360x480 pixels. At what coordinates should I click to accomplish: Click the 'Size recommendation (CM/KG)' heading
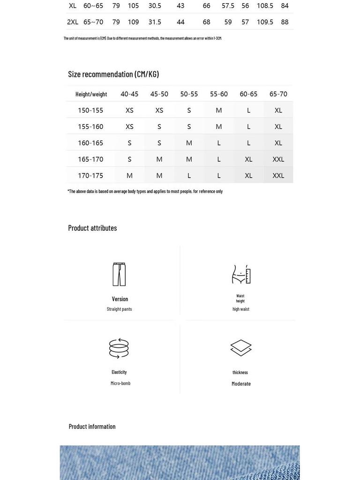(113, 74)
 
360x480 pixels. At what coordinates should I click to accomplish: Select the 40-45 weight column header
(129, 94)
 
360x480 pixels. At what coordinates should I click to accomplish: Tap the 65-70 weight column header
(278, 94)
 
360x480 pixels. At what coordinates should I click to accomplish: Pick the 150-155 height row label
(90, 110)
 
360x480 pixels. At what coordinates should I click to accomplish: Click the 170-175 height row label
(90, 175)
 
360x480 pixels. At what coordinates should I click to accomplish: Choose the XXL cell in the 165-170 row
(278, 159)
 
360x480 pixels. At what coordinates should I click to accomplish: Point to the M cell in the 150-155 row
(219, 110)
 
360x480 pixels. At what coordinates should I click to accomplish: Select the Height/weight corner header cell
(91, 94)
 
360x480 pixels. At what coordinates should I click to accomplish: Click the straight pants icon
(120, 274)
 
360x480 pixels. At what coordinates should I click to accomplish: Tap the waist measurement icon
(241, 274)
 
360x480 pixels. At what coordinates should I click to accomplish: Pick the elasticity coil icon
(119, 348)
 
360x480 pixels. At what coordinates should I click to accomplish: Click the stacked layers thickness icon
(241, 348)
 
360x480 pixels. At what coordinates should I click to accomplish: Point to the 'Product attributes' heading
(92, 228)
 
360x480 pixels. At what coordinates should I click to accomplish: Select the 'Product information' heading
(92, 427)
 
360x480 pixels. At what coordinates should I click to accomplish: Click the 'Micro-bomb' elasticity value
(120, 383)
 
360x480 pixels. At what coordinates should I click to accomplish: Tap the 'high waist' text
(241, 309)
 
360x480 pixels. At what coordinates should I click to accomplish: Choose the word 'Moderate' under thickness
(241, 384)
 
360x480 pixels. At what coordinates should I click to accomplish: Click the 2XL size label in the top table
(73, 22)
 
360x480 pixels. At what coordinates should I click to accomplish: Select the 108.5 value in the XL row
(265, 6)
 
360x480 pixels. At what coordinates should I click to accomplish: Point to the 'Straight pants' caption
(120, 309)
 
